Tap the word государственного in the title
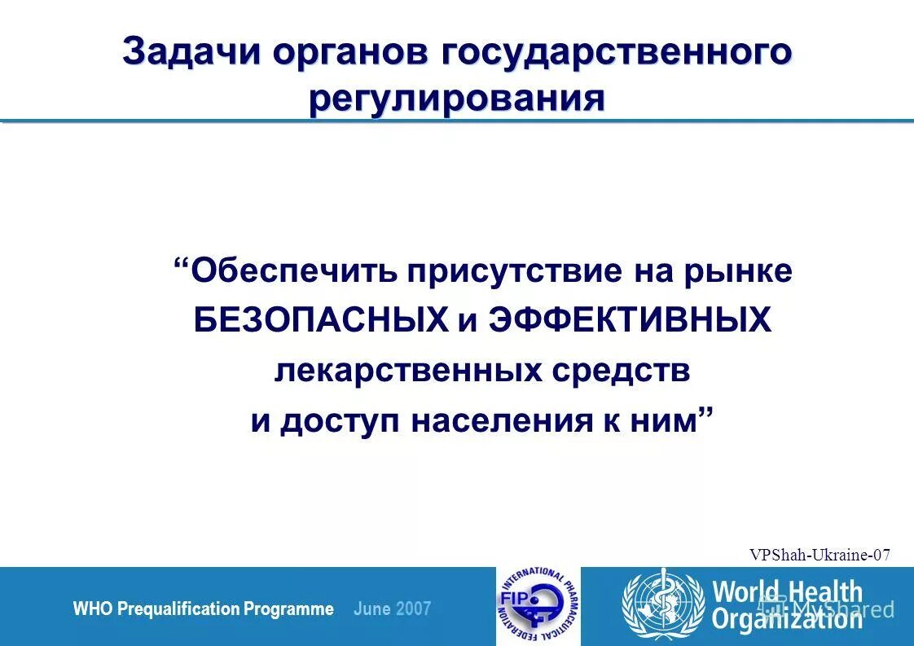click(x=617, y=52)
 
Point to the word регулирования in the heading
click(x=457, y=99)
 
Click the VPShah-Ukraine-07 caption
click(x=820, y=555)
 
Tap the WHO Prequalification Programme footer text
click(x=204, y=609)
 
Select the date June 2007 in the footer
click(x=393, y=609)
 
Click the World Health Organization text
click(x=787, y=605)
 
